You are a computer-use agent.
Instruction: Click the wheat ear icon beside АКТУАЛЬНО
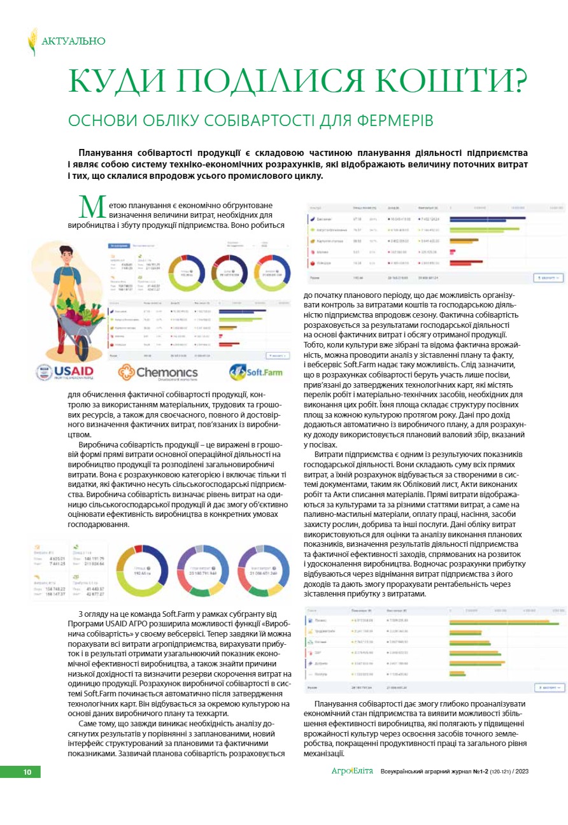(32, 41)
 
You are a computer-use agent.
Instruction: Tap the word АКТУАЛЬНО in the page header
(73, 41)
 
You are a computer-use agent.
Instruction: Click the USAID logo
(65, 372)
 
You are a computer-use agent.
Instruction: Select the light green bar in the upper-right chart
(493, 229)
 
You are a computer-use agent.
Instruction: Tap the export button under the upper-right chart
(549, 278)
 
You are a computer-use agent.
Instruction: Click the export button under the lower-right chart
(549, 687)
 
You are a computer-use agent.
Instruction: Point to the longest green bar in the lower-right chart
(506, 622)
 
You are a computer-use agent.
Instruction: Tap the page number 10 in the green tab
(27, 772)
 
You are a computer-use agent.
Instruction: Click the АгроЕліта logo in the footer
(351, 772)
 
